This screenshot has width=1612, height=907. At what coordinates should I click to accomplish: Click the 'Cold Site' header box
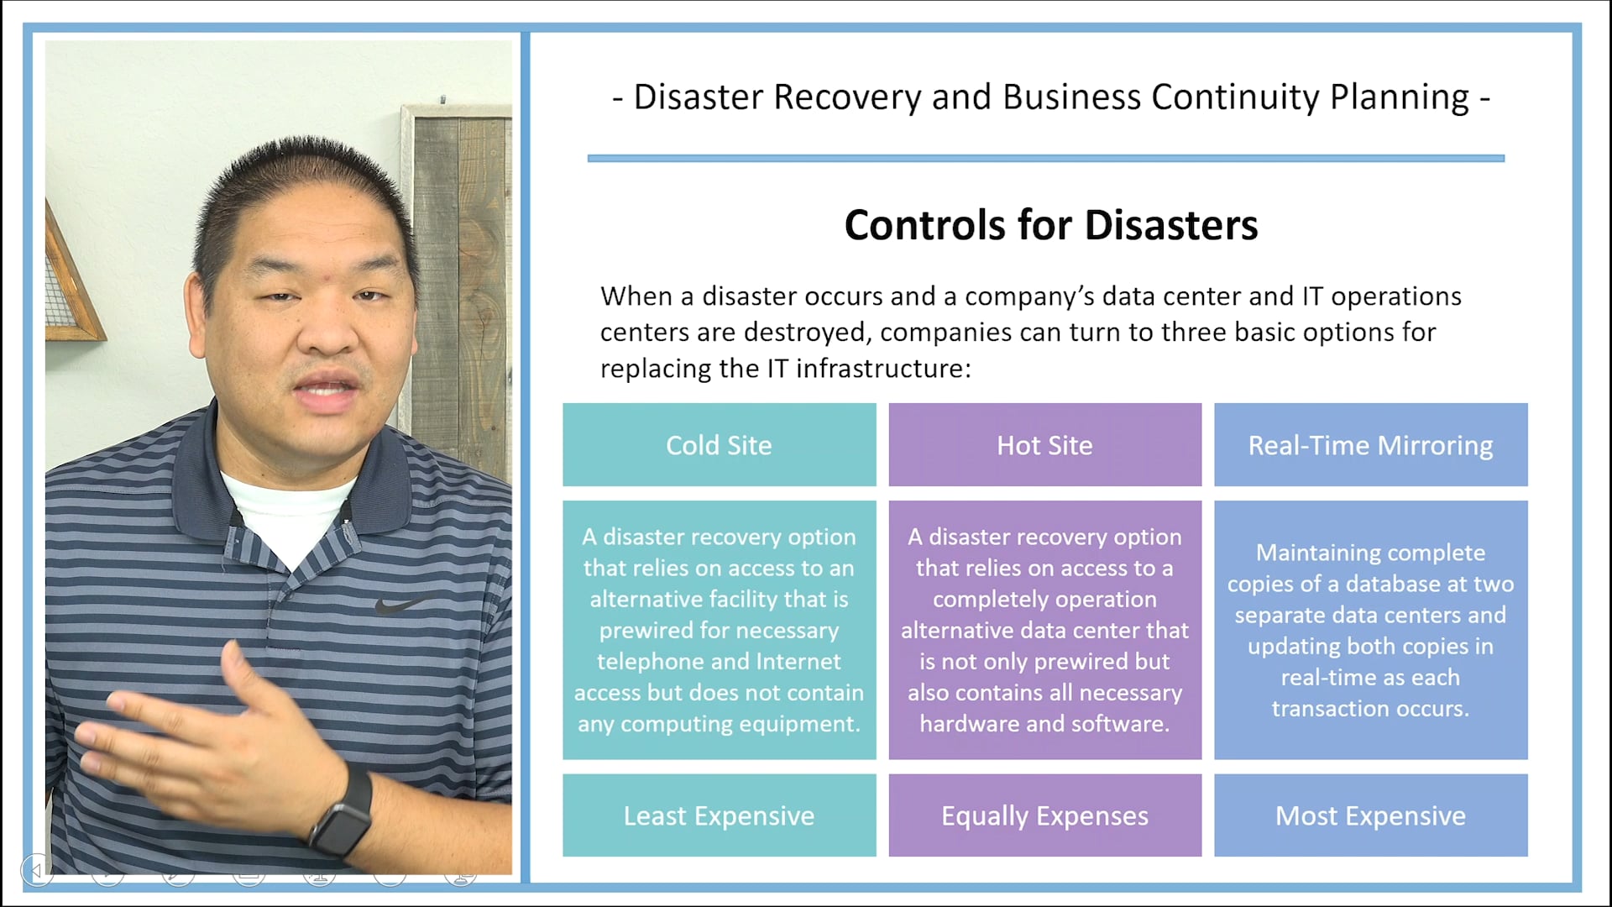coord(719,445)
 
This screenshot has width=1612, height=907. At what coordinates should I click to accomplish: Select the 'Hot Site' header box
coord(1044,445)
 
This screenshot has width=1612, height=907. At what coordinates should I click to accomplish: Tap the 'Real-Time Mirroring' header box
coord(1370,445)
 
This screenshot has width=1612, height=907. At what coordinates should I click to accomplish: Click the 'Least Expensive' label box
coord(719,815)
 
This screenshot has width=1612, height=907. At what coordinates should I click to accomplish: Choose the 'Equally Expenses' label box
coord(1044,815)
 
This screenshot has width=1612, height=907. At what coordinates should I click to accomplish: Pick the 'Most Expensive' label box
coord(1370,815)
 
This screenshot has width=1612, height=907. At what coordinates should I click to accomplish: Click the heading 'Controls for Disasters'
coord(1050,225)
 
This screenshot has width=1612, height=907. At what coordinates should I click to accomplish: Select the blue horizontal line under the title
coord(1045,158)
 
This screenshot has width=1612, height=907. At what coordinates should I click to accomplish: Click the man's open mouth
coord(327,390)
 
